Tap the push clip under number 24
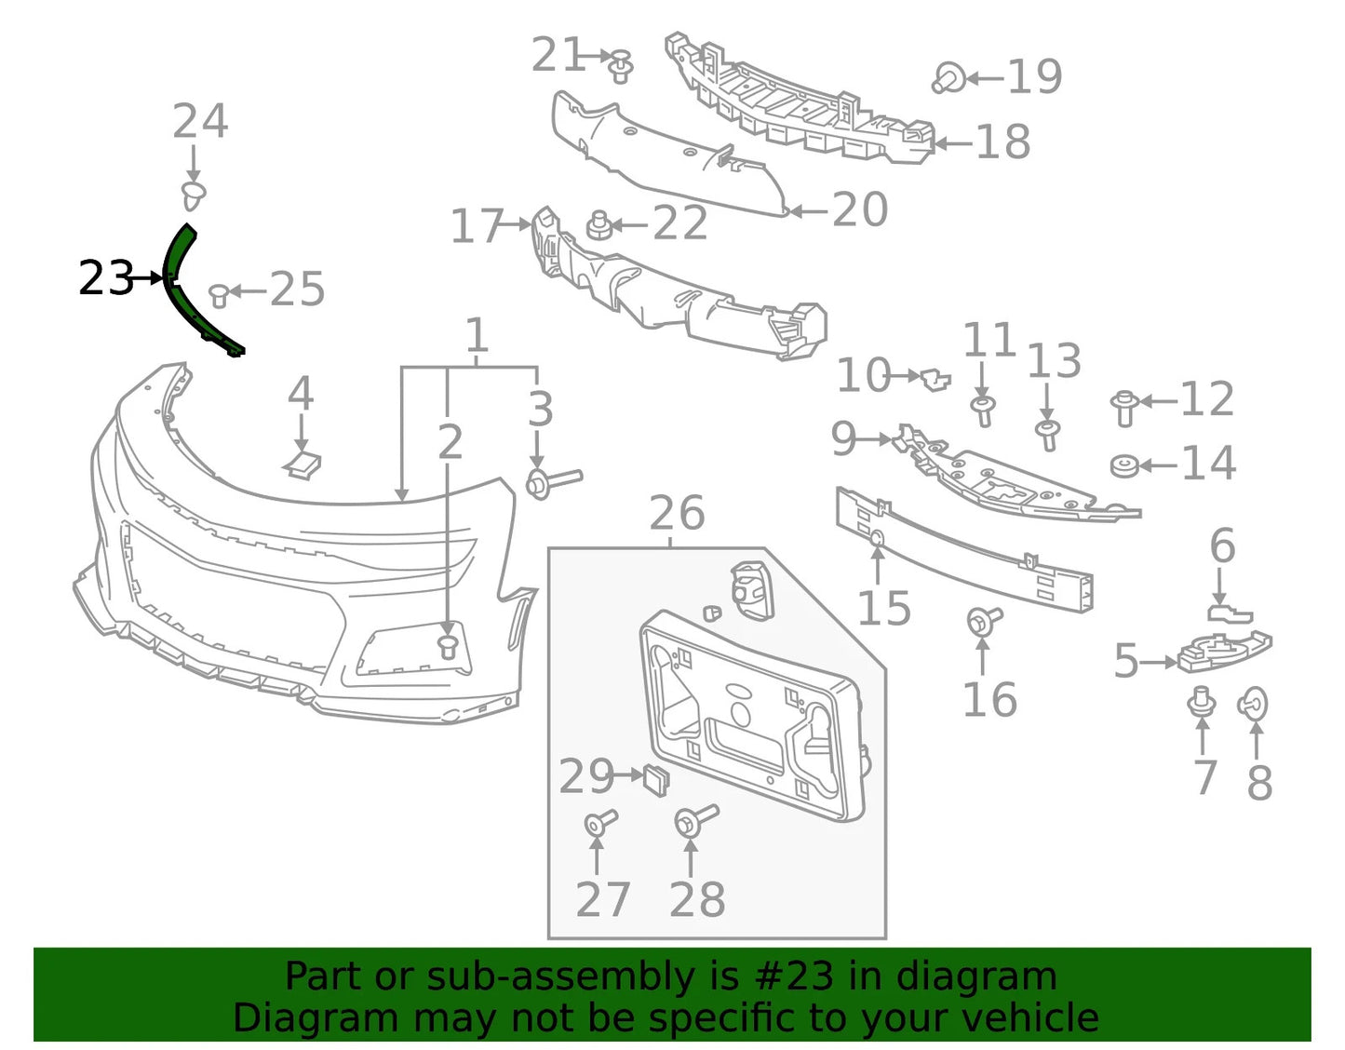pyautogui.click(x=193, y=195)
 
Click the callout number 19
pyautogui.click(x=1035, y=76)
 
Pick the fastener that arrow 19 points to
pyautogui.click(x=948, y=78)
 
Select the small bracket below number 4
pyautogui.click(x=303, y=464)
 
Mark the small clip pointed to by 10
pyautogui.click(x=935, y=379)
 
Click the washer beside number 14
pyautogui.click(x=1123, y=466)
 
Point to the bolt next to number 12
pyautogui.click(x=1125, y=409)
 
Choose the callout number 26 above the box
pyautogui.click(x=677, y=513)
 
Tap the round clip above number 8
pyautogui.click(x=1252, y=705)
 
